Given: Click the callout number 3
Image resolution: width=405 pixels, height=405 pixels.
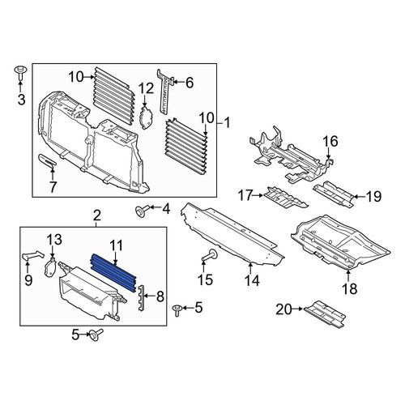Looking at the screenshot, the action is (21, 99).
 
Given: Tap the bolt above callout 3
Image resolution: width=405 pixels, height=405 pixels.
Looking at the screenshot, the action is (19, 72).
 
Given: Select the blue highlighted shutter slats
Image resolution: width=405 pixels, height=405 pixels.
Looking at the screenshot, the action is (113, 273).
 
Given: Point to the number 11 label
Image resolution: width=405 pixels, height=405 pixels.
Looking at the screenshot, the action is (116, 245).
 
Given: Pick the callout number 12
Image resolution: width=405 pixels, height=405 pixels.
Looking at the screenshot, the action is (147, 89).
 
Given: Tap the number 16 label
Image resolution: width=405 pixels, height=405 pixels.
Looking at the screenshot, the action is (330, 141).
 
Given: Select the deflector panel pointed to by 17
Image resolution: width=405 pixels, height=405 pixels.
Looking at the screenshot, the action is (286, 198).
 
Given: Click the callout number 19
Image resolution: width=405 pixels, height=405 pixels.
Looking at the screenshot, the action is (374, 196).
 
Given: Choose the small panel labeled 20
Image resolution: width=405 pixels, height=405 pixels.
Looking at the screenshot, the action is (325, 313).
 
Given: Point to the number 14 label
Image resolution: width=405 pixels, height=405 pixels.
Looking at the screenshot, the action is (252, 280).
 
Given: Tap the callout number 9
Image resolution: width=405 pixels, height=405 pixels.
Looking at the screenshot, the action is (28, 280).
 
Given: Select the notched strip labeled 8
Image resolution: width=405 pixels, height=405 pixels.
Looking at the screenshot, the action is (142, 297).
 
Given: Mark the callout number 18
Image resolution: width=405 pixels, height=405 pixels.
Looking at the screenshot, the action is (349, 289).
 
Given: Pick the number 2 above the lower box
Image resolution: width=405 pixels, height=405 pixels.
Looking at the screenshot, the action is (97, 215).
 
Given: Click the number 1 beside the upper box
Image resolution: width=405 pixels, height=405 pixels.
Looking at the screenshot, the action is (227, 123).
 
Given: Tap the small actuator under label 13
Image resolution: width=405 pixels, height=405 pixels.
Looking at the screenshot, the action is (51, 268).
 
